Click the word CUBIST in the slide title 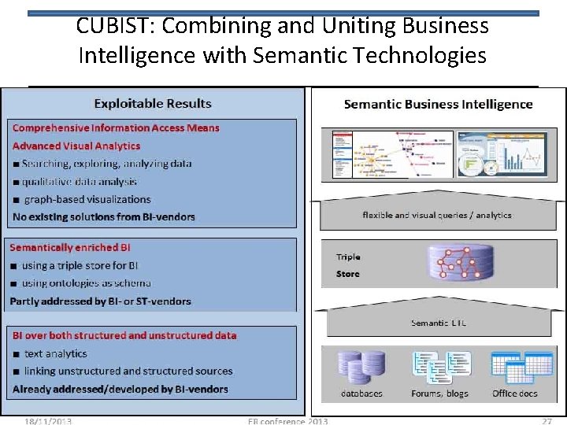(x=106, y=26)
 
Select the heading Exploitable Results (x=153, y=103)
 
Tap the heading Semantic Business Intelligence (x=438, y=104)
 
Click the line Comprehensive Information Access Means (x=116, y=128)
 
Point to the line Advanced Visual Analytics (x=76, y=146)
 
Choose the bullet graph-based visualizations (x=87, y=199)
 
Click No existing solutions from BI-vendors (x=104, y=216)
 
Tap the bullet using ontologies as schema (x=87, y=283)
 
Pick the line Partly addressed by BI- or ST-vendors (x=101, y=301)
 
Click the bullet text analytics (x=55, y=353)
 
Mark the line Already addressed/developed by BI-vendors (x=120, y=389)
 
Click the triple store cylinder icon (x=458, y=264)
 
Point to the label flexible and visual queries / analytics (x=437, y=215)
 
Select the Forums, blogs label (x=439, y=394)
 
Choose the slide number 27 (x=546, y=421)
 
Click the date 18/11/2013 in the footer (x=47, y=421)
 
